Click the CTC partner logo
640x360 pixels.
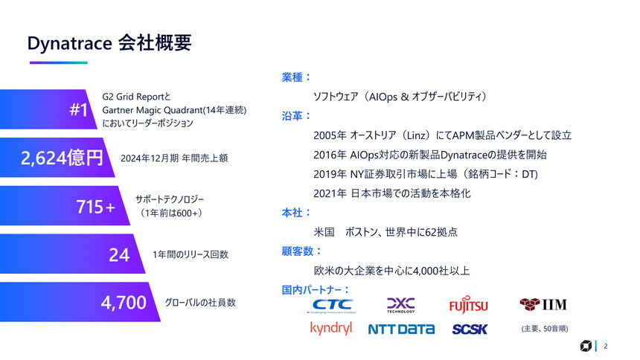pos(333,305)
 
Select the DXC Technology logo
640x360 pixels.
pos(400,305)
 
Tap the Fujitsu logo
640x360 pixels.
pos(468,306)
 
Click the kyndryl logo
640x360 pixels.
pos(331,328)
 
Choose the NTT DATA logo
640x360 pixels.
pos(401,329)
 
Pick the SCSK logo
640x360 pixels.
pos(470,329)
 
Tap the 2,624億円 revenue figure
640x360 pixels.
pos(62,158)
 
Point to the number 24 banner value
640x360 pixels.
pos(119,255)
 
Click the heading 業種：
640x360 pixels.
pos(296,77)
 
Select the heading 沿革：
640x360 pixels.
pos(296,116)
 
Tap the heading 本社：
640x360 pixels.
pos(296,213)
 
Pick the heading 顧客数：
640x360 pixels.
pos(301,251)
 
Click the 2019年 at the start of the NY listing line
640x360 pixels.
pos(330,174)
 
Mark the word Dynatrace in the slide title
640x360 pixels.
pos(69,43)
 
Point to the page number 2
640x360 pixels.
pos(606,346)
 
